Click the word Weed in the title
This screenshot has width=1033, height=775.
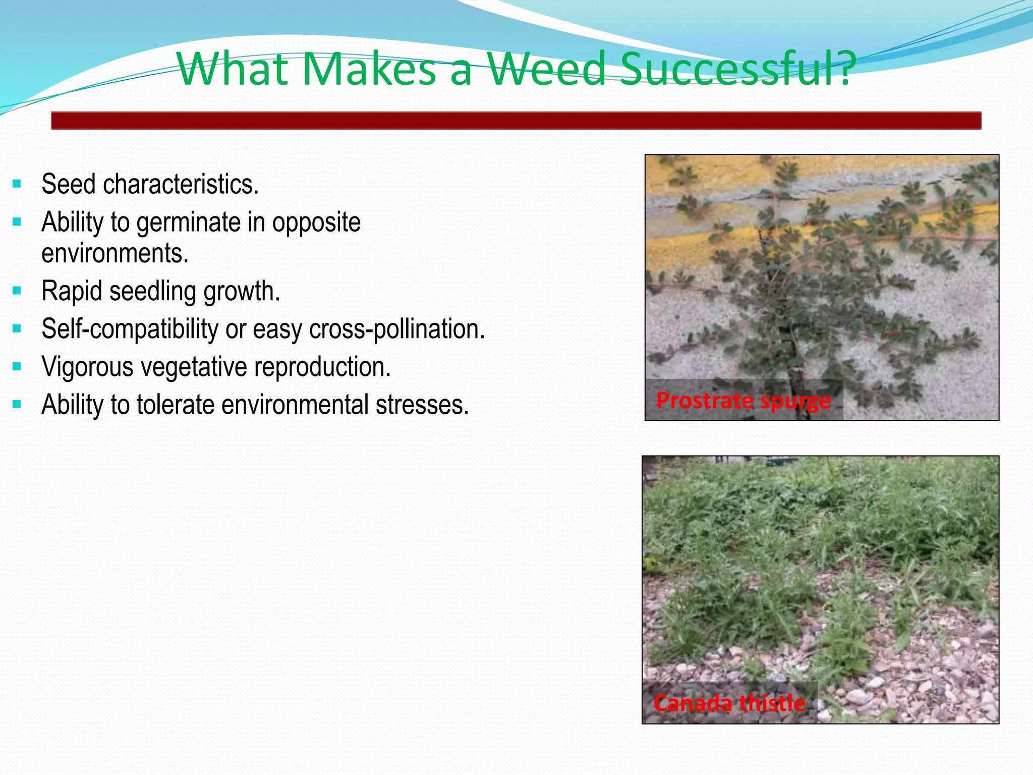pyautogui.click(x=546, y=69)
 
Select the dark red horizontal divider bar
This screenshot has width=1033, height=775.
pyautogui.click(x=516, y=121)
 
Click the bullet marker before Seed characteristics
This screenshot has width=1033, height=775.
pyautogui.click(x=17, y=184)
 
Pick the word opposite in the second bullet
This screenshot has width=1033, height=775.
pyautogui.click(x=316, y=223)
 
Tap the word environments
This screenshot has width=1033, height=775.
pyautogui.click(x=115, y=253)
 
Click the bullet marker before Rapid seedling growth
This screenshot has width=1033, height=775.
pyautogui.click(x=17, y=291)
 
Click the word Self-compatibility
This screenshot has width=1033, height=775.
pyautogui.click(x=130, y=329)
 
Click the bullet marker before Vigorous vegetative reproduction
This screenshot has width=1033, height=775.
pyautogui.click(x=17, y=367)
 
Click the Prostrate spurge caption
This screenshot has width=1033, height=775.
pyautogui.click(x=743, y=401)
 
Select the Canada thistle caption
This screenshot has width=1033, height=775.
pyautogui.click(x=729, y=703)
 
